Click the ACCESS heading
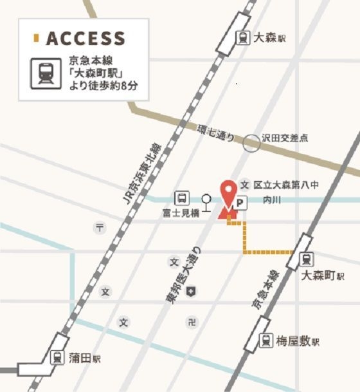click(85, 38)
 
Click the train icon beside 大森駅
click(244, 38)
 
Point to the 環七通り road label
click(216, 133)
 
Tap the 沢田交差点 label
click(285, 138)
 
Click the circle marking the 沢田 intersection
click(251, 143)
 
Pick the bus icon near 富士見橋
click(182, 198)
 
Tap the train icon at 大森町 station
click(307, 259)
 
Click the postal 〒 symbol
click(100, 227)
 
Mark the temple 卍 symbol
click(191, 321)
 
